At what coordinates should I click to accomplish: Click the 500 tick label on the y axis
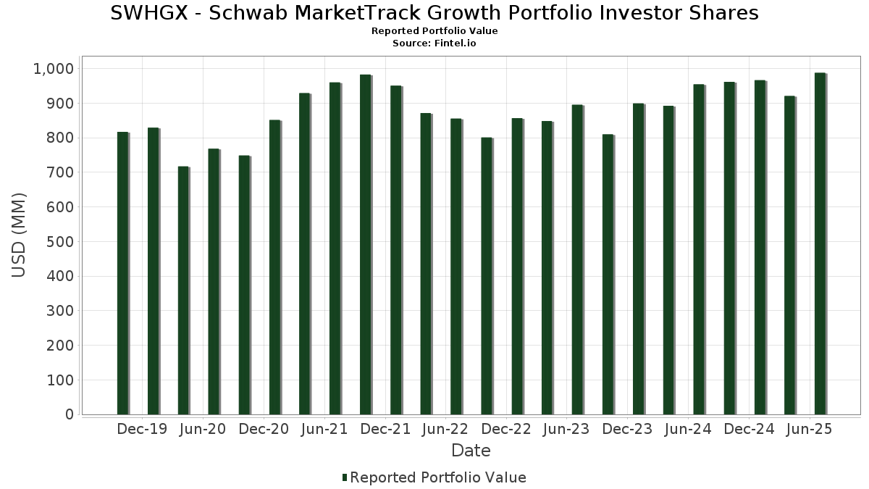(60, 242)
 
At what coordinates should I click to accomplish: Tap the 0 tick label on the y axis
(70, 414)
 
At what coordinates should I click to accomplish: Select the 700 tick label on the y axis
(60, 172)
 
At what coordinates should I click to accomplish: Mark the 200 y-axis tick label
(60, 346)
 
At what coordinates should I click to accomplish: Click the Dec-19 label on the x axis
(142, 430)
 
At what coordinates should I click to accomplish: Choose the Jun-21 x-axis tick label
(324, 430)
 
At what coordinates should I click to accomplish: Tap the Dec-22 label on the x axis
(506, 430)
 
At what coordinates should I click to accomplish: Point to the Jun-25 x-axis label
(810, 430)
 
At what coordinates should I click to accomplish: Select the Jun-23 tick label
(567, 430)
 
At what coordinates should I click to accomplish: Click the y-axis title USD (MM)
(20, 235)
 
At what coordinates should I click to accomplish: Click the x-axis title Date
(471, 451)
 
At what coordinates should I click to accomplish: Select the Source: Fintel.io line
(434, 43)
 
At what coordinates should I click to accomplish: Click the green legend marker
(345, 477)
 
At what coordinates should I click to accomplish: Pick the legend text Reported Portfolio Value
(438, 477)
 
